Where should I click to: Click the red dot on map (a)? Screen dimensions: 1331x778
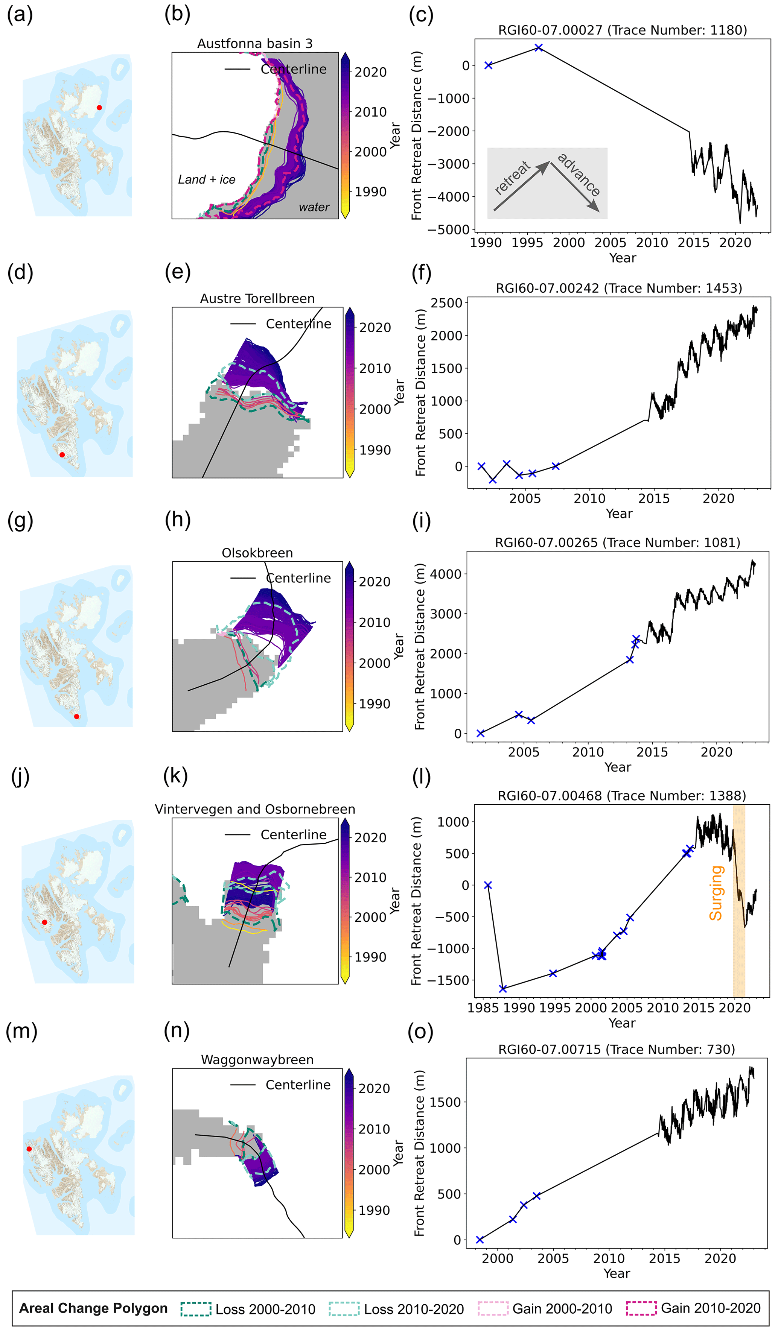pyautogui.click(x=99, y=108)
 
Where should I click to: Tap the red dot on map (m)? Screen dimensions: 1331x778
pyautogui.click(x=29, y=1149)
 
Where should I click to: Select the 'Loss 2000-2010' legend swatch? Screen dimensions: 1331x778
pyautogui.click(x=196, y=1308)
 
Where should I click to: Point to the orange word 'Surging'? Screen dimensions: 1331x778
pyautogui.click(x=716, y=893)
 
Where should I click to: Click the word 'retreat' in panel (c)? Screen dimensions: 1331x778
pyautogui.click(x=512, y=178)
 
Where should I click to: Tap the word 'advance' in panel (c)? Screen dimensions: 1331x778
pyautogui.click(x=579, y=174)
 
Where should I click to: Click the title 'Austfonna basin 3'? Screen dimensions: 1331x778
pyautogui.click(x=255, y=43)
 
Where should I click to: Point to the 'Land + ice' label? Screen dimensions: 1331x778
pyautogui.click(x=207, y=179)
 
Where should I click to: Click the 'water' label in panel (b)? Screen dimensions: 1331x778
pyautogui.click(x=314, y=207)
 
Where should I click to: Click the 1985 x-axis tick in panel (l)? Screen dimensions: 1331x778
pyautogui.click(x=482, y=1008)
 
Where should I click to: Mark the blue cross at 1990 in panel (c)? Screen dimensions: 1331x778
pyautogui.click(x=488, y=65)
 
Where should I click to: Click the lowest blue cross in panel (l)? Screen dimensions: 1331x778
pyautogui.click(x=502, y=989)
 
